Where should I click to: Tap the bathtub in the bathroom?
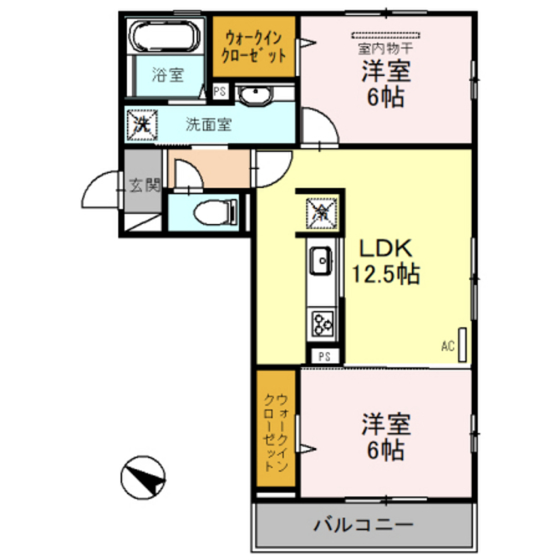pos(164,36)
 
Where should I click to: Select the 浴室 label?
pos(167,75)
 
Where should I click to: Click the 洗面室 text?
pos(208,125)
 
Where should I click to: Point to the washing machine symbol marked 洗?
pos(142,124)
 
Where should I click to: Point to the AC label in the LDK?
pos(448,346)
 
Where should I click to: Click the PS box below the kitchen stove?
pos(324,357)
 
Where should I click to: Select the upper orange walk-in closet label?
pos(254,47)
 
